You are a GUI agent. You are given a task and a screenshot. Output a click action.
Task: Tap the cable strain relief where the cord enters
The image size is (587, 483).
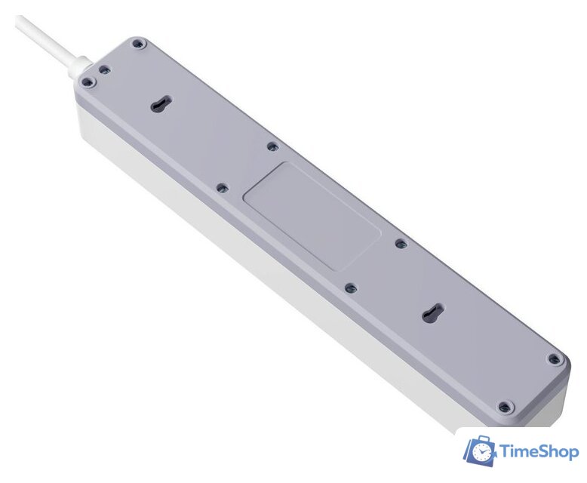(81, 66)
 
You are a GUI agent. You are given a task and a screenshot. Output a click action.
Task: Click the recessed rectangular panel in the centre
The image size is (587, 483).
(312, 216)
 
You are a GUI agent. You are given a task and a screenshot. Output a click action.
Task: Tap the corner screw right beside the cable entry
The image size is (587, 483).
(88, 82)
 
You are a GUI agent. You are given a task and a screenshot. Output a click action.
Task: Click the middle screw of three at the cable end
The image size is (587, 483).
(104, 69)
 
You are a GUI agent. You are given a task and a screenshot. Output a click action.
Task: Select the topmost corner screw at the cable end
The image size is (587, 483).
(138, 45)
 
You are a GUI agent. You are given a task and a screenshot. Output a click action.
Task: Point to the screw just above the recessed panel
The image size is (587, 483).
(273, 146)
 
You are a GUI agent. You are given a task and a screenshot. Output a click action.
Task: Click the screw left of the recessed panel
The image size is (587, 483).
(223, 187)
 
